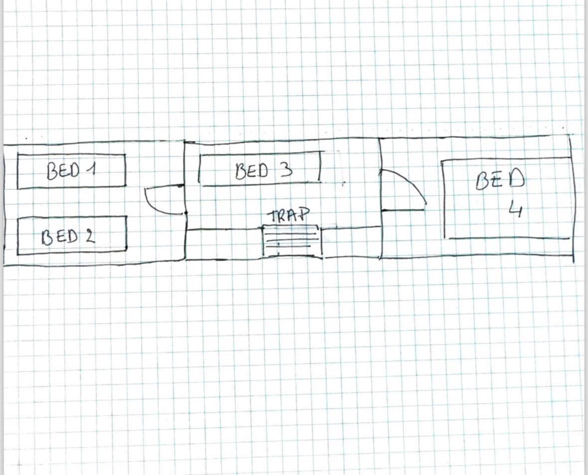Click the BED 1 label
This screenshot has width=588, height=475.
click(x=71, y=170)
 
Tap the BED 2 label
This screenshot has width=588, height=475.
click(x=68, y=236)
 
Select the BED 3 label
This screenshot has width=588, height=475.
click(x=264, y=170)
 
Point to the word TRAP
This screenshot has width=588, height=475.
click(x=289, y=215)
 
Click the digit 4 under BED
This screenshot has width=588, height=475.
click(x=516, y=209)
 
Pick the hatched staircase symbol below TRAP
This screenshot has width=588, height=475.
click(x=292, y=241)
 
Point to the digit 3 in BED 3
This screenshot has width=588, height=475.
click(x=286, y=170)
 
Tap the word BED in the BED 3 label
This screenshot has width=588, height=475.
click(x=252, y=171)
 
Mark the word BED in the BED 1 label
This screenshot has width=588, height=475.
click(x=63, y=171)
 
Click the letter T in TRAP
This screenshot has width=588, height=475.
click(x=273, y=216)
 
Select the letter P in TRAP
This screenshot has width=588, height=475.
click(x=306, y=214)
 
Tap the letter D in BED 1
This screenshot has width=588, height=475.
click(x=75, y=170)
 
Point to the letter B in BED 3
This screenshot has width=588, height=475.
click(x=240, y=171)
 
